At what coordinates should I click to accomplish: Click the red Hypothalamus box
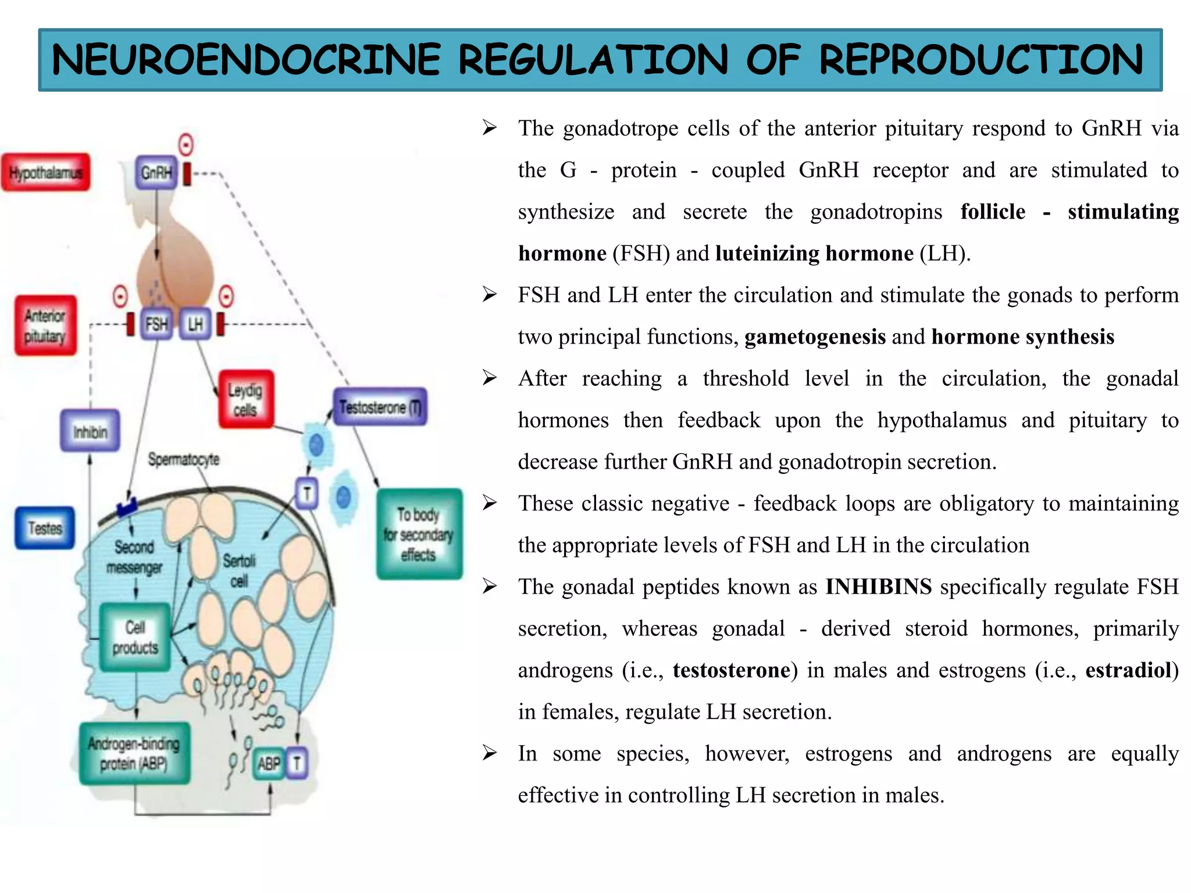[x=45, y=173]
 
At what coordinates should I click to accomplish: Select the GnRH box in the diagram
[x=156, y=173]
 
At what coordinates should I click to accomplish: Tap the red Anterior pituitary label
[x=45, y=326]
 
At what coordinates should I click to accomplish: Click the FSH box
[x=156, y=324]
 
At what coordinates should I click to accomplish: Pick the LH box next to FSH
[x=195, y=324]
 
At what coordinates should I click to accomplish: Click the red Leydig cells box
[x=245, y=400]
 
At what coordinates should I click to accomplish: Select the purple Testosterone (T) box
[x=380, y=407]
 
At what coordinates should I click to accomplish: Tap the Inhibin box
[x=90, y=431]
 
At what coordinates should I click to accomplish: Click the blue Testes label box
[x=45, y=528]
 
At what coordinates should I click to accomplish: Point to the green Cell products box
[x=135, y=637]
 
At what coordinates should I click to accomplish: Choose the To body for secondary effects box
[x=419, y=534]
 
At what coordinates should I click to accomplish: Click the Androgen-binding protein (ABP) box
[x=134, y=753]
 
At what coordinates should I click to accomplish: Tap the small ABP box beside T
[x=269, y=763]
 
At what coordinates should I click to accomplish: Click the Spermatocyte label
[x=184, y=459]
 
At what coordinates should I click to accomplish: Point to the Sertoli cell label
[x=239, y=571]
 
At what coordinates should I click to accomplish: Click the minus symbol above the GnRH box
[x=186, y=144]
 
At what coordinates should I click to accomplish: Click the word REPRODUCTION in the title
[x=980, y=60]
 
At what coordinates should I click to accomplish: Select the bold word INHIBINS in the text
[x=878, y=587]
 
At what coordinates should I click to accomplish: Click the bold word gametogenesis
[x=815, y=337]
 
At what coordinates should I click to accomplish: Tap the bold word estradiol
[x=1128, y=670]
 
